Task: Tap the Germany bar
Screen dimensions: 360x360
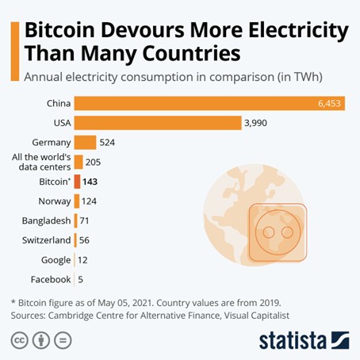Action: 85,143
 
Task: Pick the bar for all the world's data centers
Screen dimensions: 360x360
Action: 79,162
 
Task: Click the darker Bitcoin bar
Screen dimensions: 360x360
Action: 77,182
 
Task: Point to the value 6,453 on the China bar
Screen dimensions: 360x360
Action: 327,103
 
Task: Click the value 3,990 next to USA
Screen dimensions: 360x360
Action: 262,123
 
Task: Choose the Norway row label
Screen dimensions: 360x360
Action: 54,201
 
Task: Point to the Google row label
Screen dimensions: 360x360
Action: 56,260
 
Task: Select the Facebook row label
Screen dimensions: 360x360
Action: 51,279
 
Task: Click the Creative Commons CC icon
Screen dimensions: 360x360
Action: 18,339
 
